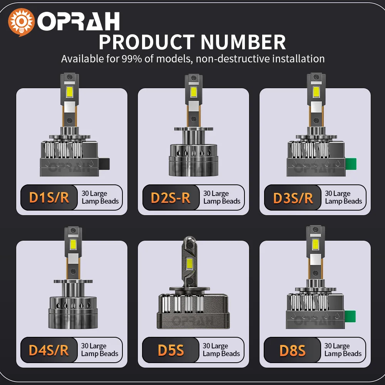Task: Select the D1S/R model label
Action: pyautogui.click(x=49, y=198)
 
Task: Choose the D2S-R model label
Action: pyautogui.click(x=171, y=198)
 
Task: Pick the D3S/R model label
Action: pyautogui.click(x=293, y=198)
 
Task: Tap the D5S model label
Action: pyautogui.click(x=171, y=350)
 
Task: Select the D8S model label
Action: pyautogui.click(x=292, y=350)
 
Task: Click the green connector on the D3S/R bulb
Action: pyautogui.click(x=351, y=164)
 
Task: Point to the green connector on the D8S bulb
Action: pyautogui.click(x=351, y=316)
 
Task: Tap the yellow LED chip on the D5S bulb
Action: pyautogui.click(x=190, y=264)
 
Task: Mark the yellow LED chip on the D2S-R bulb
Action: pyautogui.click(x=193, y=92)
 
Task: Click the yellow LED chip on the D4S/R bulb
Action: pyautogui.click(x=72, y=244)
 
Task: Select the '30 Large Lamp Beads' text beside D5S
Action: pyautogui.click(x=221, y=350)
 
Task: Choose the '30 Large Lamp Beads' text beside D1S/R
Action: pyautogui.click(x=100, y=198)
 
